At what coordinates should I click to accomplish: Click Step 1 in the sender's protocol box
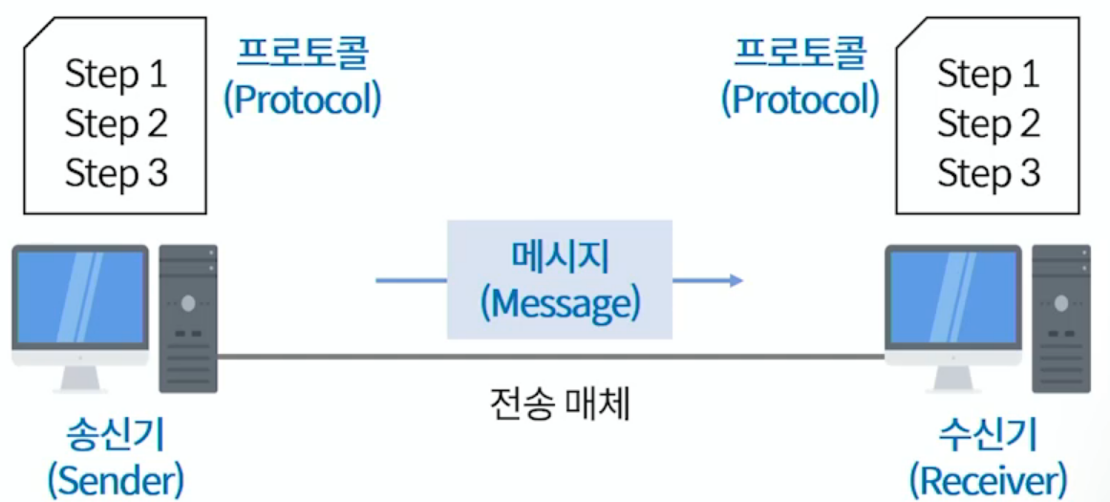[x=116, y=75]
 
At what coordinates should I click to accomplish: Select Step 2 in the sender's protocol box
[x=116, y=123]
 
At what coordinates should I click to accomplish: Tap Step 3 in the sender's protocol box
[x=116, y=173]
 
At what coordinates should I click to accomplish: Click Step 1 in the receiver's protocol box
[x=988, y=75]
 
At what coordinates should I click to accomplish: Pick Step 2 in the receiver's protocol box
[x=988, y=123]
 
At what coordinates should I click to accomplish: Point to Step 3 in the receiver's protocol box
[x=988, y=173]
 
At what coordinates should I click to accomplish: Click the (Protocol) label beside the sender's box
[x=302, y=98]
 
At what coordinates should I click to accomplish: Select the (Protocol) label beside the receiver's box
[x=800, y=98]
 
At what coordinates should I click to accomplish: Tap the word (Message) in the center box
[x=559, y=304]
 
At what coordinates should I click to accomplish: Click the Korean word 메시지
[x=559, y=256]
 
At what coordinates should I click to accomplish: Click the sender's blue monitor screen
[x=80, y=297]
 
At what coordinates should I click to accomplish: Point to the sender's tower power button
[x=188, y=303]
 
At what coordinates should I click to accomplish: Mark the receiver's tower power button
[x=1061, y=303]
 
